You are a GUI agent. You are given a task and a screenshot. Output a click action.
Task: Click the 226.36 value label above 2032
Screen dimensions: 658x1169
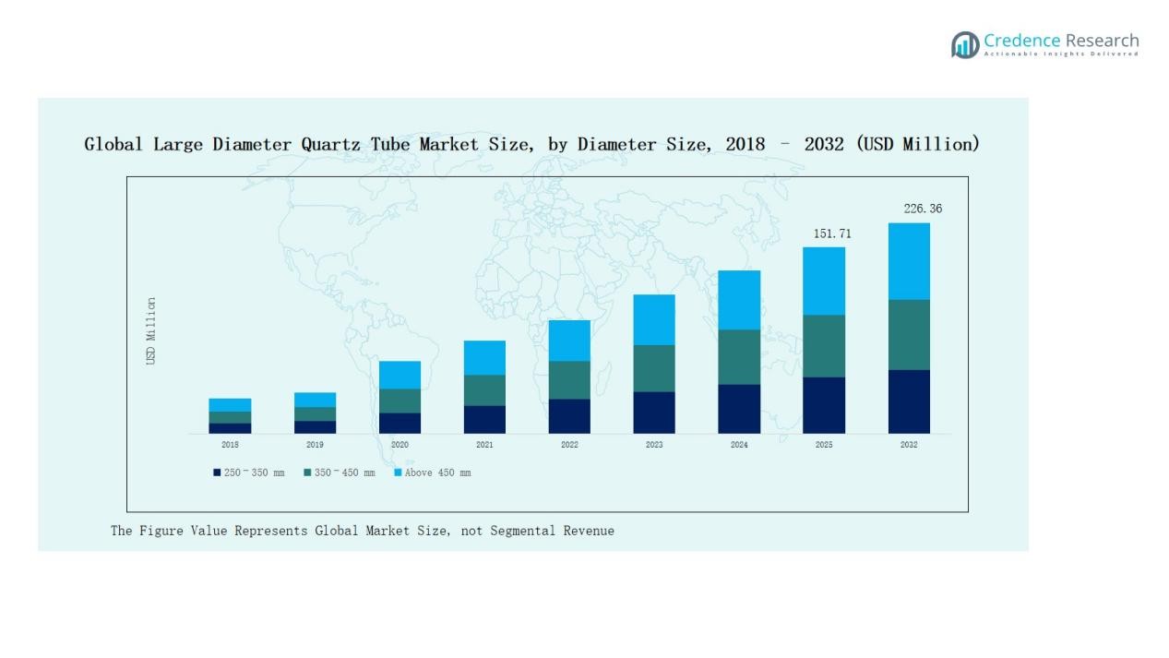[x=923, y=209]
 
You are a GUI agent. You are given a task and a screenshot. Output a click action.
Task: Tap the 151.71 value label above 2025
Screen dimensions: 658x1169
[x=832, y=233]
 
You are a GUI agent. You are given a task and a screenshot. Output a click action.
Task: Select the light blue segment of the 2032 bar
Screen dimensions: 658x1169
[x=909, y=261]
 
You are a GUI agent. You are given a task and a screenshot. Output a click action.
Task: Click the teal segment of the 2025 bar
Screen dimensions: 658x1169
[x=824, y=346]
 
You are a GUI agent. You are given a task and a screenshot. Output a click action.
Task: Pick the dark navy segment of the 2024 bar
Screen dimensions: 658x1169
[x=739, y=409]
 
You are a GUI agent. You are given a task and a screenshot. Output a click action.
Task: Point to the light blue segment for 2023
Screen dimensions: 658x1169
[x=654, y=319]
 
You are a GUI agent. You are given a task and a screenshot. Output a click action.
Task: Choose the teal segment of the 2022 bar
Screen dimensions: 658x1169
[x=569, y=379]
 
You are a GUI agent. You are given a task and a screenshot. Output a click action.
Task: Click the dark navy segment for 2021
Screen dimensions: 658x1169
[x=484, y=419]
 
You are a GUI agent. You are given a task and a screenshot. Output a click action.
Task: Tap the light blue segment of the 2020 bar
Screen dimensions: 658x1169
[x=400, y=375]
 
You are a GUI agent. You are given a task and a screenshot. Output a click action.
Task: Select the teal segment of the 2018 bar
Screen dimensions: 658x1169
[x=230, y=417]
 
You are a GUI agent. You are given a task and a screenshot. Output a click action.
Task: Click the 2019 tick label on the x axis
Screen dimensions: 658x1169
[x=315, y=445]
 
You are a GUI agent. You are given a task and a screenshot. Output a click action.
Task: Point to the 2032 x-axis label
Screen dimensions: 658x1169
[x=909, y=445]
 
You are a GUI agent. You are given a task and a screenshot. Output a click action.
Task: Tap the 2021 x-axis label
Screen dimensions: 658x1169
[x=484, y=445]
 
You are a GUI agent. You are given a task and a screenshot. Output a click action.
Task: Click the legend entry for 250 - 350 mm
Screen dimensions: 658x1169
[x=249, y=473]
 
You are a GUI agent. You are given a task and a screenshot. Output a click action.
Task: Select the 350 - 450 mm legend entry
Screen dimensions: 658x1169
[x=340, y=473]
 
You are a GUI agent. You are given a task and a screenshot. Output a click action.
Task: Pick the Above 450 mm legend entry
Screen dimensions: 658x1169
[x=433, y=473]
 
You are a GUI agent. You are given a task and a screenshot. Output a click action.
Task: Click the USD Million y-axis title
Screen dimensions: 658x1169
[x=151, y=330]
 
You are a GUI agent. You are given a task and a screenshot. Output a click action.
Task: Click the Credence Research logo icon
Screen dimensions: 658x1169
[x=965, y=44]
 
